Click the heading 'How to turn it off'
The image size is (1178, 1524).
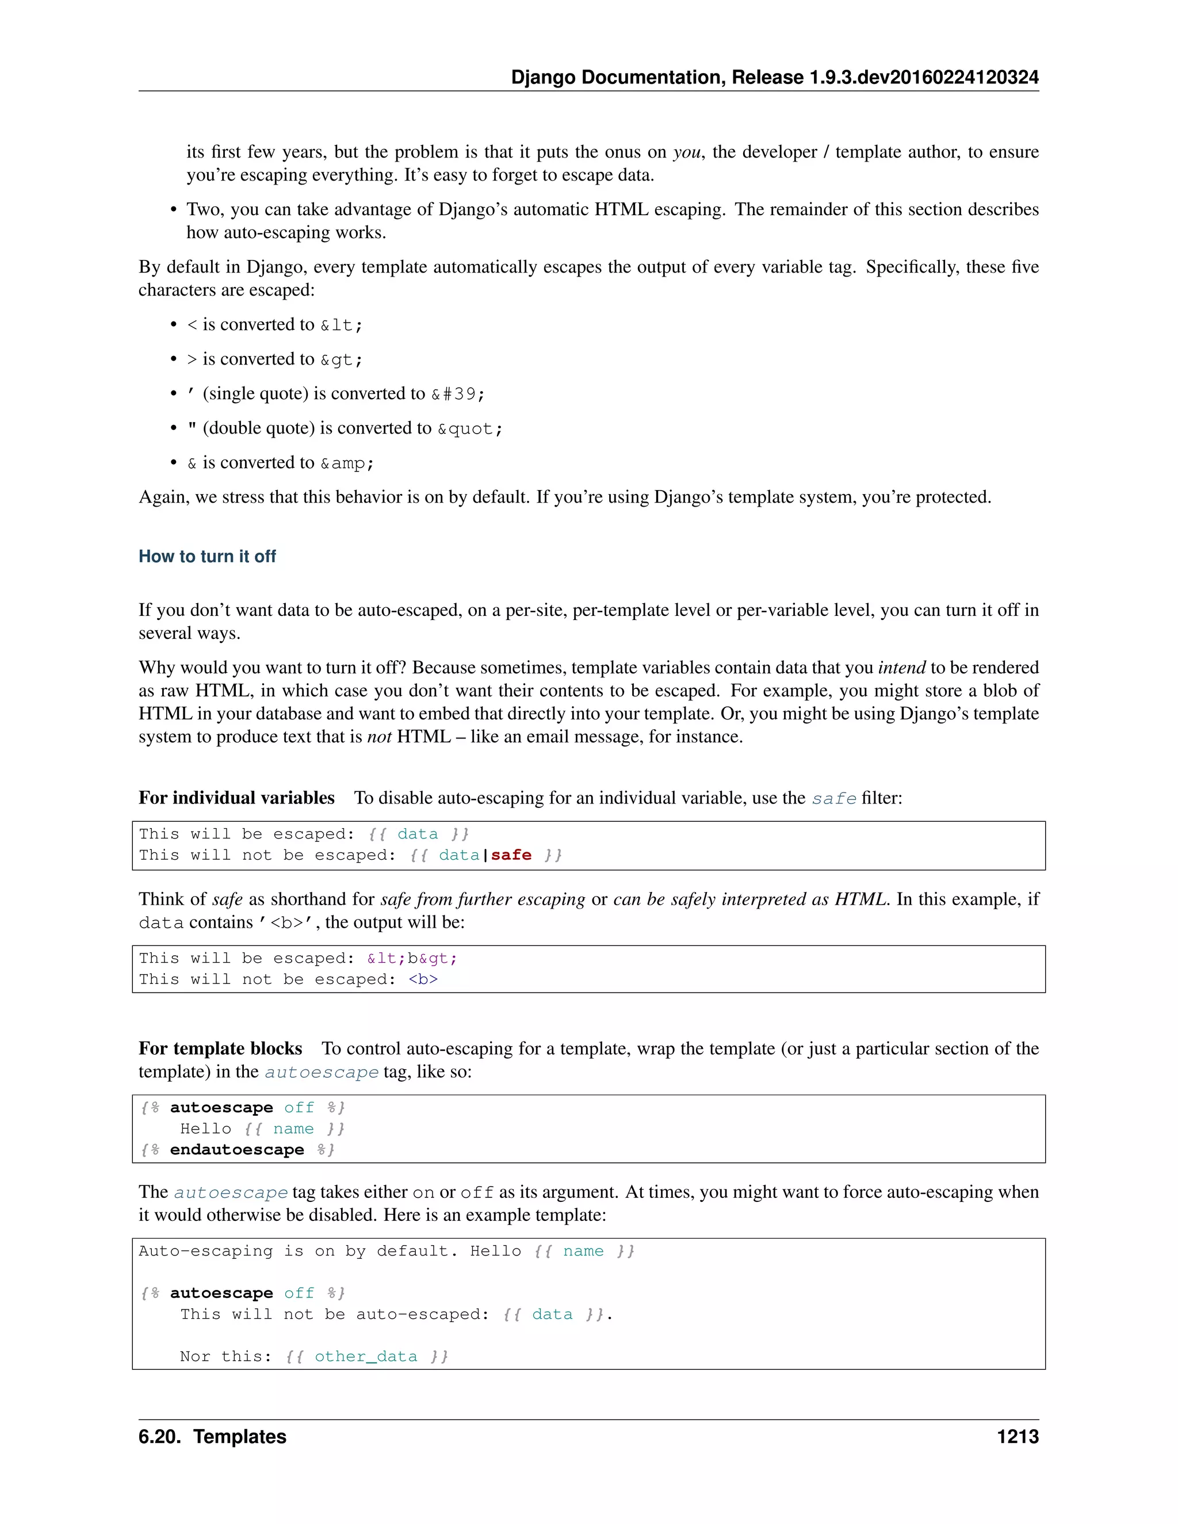click(x=207, y=556)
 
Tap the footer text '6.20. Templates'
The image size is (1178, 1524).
click(x=212, y=1436)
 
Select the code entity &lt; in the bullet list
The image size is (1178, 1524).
click(x=341, y=325)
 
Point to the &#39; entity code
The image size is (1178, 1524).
click(x=458, y=395)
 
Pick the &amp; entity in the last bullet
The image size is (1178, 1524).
click(x=347, y=464)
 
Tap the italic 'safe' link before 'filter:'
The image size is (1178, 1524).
click(x=833, y=798)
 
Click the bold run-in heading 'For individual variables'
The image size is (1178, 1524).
click(x=236, y=798)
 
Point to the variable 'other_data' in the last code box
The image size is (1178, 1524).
click(x=366, y=1356)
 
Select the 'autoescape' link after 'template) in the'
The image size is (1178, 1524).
click(x=321, y=1072)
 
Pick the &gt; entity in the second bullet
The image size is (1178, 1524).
click(x=341, y=360)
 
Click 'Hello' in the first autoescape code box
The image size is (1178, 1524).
click(x=205, y=1128)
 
